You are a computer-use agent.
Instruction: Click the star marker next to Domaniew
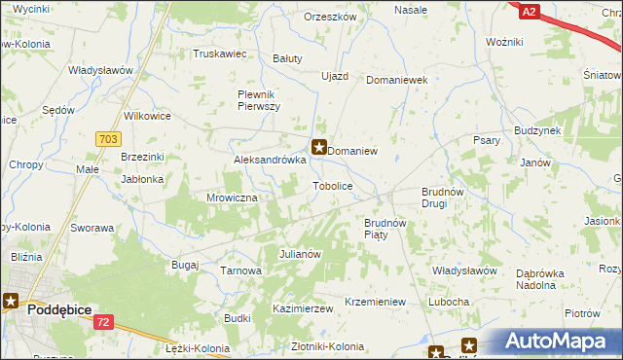click(x=318, y=149)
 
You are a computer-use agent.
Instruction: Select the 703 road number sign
click(x=108, y=140)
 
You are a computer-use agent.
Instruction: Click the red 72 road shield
click(x=104, y=321)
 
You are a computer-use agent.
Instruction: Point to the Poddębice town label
click(x=59, y=308)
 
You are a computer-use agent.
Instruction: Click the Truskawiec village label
click(x=219, y=54)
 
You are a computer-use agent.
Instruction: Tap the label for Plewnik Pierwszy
click(x=259, y=99)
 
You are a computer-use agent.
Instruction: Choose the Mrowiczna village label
click(x=231, y=198)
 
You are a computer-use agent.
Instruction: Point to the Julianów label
click(x=301, y=254)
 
